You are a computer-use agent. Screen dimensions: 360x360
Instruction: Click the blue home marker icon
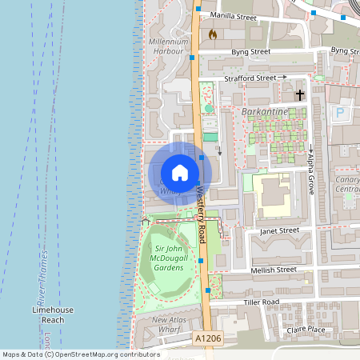click(x=179, y=172)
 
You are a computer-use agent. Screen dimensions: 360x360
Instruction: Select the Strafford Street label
click(x=250, y=78)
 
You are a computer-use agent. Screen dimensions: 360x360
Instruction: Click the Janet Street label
click(x=278, y=230)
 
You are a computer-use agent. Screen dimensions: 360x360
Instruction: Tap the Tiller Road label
click(x=261, y=302)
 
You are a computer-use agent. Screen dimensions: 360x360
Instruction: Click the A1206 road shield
click(x=208, y=340)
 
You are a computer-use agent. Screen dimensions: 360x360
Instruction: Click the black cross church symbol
click(x=301, y=95)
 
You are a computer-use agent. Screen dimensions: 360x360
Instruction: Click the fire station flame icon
click(x=212, y=34)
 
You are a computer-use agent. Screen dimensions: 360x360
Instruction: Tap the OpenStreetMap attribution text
click(x=80, y=354)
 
